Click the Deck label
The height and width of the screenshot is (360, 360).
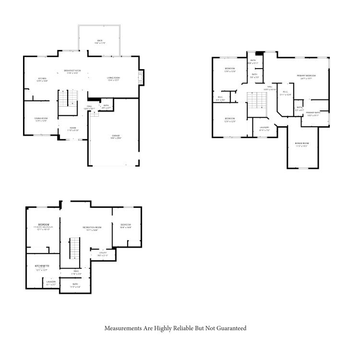pyautogui.click(x=100, y=41)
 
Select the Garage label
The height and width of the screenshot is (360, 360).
pyautogui.click(x=116, y=136)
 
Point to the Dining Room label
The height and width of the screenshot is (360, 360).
pyautogui.click(x=41, y=119)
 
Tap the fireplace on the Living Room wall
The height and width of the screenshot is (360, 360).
pyautogui.click(x=140, y=77)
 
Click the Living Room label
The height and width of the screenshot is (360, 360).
pyautogui.click(x=113, y=78)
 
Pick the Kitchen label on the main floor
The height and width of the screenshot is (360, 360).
pyautogui.click(x=43, y=79)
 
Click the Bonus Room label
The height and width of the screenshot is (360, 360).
pyautogui.click(x=302, y=144)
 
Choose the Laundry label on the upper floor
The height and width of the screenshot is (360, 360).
pyautogui.click(x=264, y=128)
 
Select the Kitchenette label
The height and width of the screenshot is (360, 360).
pyautogui.click(x=42, y=266)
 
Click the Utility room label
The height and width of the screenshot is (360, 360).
pyautogui.click(x=103, y=253)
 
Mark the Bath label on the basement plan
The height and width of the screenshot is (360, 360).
pyautogui.click(x=75, y=284)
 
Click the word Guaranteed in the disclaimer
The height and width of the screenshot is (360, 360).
pyautogui.click(x=232, y=328)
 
